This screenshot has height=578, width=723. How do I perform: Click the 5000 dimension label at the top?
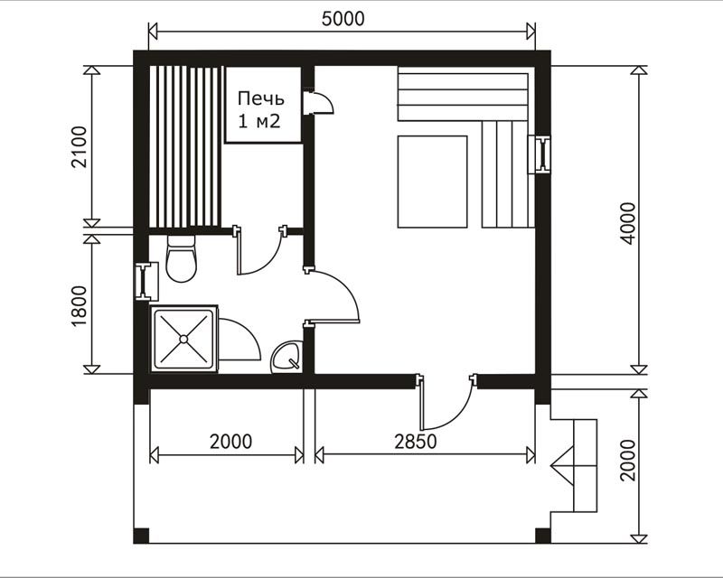coord(343,18)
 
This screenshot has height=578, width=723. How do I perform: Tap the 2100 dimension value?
coord(80,147)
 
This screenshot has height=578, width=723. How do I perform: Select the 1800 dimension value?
coord(80,306)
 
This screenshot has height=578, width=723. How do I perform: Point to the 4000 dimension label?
coord(627,224)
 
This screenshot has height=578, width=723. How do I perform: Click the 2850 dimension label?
coord(416,442)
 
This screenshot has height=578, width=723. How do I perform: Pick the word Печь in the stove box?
coord(261,98)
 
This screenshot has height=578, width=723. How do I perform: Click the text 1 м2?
coord(258,121)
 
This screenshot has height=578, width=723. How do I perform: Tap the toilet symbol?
coord(182,258)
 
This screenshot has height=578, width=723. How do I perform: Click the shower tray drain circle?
coord(183,340)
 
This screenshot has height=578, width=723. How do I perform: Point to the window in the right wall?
coord(539,154)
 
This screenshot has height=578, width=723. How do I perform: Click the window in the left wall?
coord(146,281)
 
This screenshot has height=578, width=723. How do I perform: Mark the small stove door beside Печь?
coord(318,102)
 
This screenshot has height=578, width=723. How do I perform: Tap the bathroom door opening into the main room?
coord(331,295)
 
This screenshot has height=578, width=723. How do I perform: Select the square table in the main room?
coord(433,182)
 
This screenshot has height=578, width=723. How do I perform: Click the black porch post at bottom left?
coord(141,536)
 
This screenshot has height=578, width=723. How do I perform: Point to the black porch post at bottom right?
coord(543,536)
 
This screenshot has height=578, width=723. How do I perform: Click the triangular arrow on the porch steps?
coord(563,465)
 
